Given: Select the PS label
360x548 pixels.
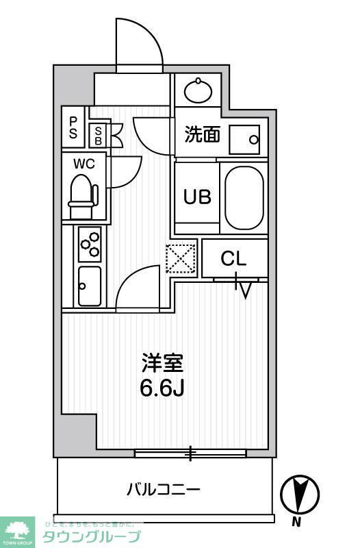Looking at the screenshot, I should point(73,127).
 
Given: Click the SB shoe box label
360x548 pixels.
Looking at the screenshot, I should point(99,135).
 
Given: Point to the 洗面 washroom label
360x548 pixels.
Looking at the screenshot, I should point(202,134).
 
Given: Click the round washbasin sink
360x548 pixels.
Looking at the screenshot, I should point(198,90).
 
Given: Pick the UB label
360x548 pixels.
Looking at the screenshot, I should point(196,196).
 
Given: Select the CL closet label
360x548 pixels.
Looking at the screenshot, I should point(233,260).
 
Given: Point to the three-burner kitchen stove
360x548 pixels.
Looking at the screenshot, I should point(90,243).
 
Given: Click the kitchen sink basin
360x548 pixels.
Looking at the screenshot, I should point(90,286).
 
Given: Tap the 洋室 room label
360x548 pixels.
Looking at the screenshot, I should point(163,362).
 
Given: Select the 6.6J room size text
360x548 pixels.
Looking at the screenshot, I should point(163,388).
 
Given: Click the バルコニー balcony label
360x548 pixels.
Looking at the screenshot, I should point(164,490).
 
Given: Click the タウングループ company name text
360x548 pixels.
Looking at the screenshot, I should point(92,536).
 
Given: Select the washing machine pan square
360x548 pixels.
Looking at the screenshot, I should point(244,140).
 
